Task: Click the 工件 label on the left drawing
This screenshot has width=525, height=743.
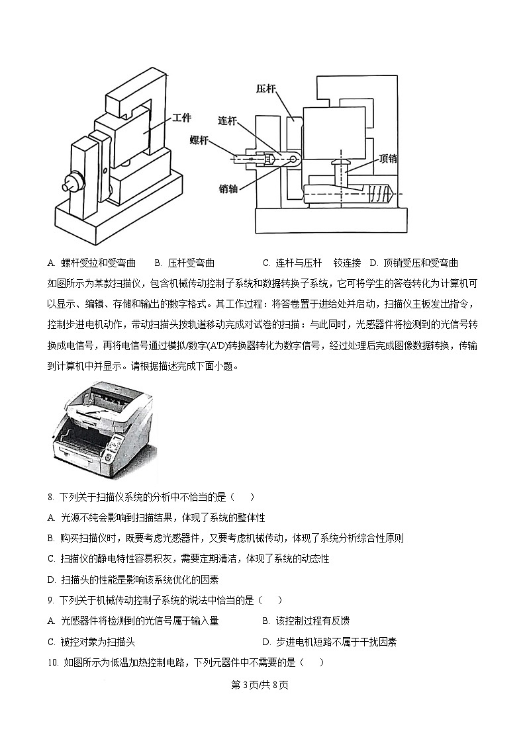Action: pyautogui.click(x=181, y=118)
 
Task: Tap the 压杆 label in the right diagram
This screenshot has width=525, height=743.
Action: pyautogui.click(x=266, y=88)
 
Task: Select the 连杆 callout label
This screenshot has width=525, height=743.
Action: pyautogui.click(x=228, y=120)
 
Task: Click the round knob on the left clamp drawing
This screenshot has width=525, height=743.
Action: pyautogui.click(x=68, y=181)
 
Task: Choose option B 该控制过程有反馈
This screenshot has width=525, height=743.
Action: pyautogui.click(x=306, y=621)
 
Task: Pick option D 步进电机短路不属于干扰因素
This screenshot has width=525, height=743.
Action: pyautogui.click(x=329, y=642)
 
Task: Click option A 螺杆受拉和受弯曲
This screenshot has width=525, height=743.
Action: pyautogui.click(x=92, y=263)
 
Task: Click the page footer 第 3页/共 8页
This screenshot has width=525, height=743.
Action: pyautogui.click(x=262, y=685)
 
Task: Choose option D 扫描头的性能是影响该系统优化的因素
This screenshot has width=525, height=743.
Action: pyautogui.click(x=133, y=580)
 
